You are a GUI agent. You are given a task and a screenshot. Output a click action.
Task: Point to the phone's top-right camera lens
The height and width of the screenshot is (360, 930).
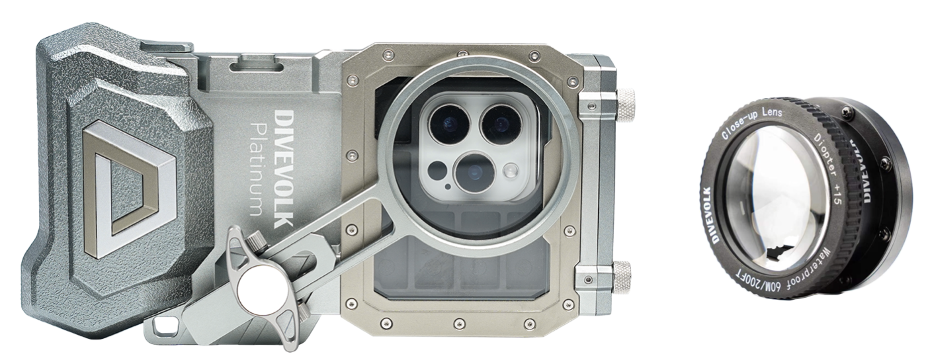click(499, 122)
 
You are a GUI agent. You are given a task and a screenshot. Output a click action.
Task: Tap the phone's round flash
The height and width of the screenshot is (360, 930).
click(510, 170)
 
